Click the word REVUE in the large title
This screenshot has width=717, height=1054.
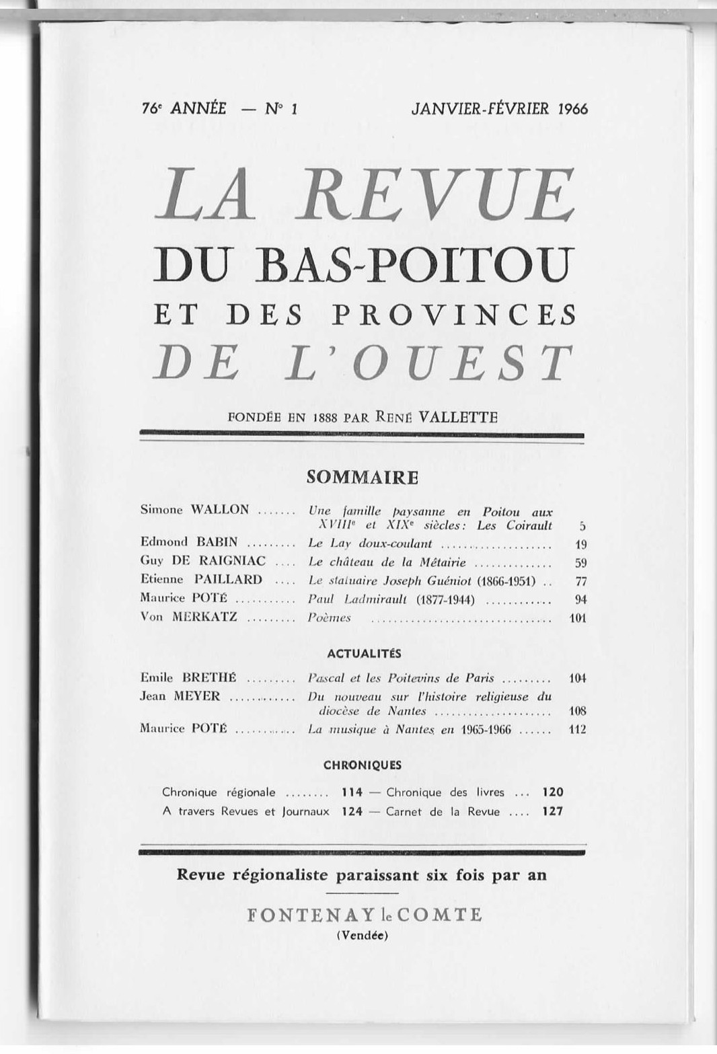pos(437,195)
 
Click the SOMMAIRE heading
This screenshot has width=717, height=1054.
pos(362,478)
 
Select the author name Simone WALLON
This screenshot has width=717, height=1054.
pos(194,509)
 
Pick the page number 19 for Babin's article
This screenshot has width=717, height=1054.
pos(581,543)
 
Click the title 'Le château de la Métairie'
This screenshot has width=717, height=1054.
pos(387,562)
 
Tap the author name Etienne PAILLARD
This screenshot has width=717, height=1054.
pos(201,579)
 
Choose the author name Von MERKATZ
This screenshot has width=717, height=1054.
pos(188,617)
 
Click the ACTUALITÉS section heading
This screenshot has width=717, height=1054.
pos(363,653)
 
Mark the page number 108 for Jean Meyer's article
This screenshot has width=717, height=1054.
pos(577,711)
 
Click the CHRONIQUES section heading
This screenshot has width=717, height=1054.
pos(362,765)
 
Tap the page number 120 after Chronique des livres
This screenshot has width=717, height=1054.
pos(552,792)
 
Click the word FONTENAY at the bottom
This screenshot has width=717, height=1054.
pos(306,915)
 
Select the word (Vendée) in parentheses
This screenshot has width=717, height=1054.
pos(362,934)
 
